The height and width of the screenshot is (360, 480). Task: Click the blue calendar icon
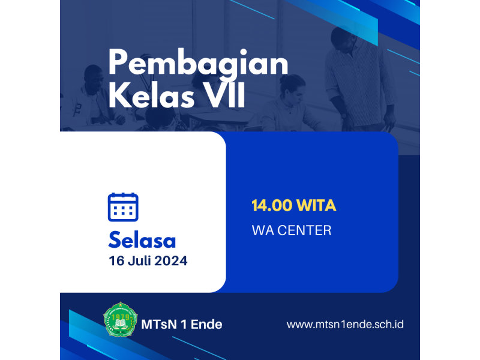coord(123,207)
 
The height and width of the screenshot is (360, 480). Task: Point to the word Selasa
coord(142,240)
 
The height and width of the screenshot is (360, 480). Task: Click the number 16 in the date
coord(116,261)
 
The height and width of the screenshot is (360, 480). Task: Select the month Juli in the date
coord(140,261)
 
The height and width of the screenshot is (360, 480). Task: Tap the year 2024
coord(171,261)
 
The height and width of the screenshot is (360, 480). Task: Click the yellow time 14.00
coord(272,205)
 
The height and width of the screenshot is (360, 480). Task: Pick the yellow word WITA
coord(316,205)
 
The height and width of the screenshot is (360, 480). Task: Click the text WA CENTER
coord(292,230)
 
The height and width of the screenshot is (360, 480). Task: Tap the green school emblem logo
coord(121,320)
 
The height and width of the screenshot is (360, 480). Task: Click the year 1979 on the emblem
coord(121,317)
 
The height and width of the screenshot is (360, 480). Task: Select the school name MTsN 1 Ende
coord(182,325)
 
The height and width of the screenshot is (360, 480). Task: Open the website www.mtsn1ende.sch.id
coord(345,325)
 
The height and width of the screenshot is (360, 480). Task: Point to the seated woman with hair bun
coord(288,104)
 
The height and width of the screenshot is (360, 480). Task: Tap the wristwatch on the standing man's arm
coord(344,116)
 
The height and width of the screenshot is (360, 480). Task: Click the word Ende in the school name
coord(206,325)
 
